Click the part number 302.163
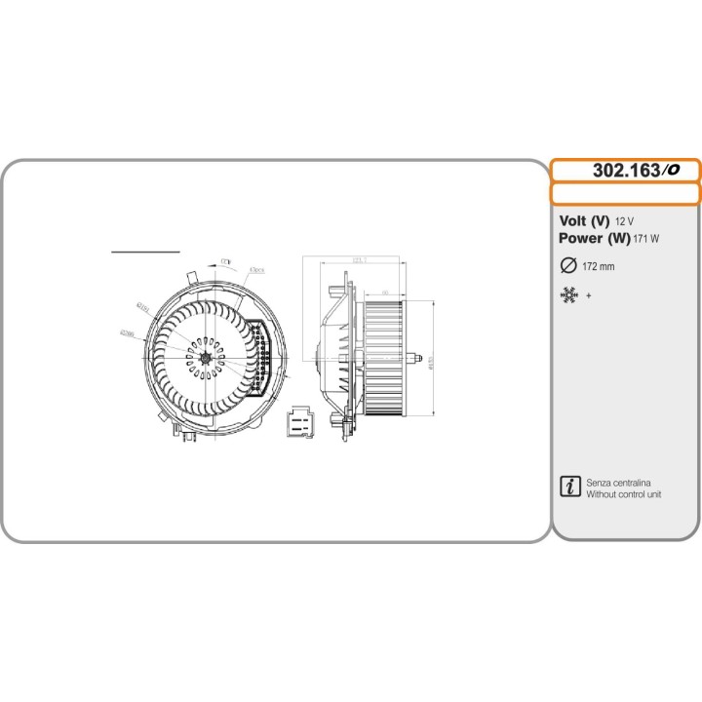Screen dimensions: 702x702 tap(626, 171)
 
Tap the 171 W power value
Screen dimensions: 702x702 tap(646, 238)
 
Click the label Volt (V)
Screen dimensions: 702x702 tap(585, 221)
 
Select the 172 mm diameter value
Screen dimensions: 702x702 tap(598, 266)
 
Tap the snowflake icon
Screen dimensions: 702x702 tap(567, 294)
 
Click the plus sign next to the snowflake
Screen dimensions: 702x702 tap(589, 294)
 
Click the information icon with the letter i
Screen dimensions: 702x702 tap(567, 487)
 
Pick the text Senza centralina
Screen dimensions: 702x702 tap(618, 483)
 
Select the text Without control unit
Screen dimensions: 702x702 tap(624, 494)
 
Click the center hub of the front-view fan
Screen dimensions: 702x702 tap(206, 358)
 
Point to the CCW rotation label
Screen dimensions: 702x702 tap(225, 260)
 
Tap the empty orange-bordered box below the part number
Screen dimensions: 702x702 tap(626, 193)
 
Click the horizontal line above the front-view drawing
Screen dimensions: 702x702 tap(145, 252)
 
